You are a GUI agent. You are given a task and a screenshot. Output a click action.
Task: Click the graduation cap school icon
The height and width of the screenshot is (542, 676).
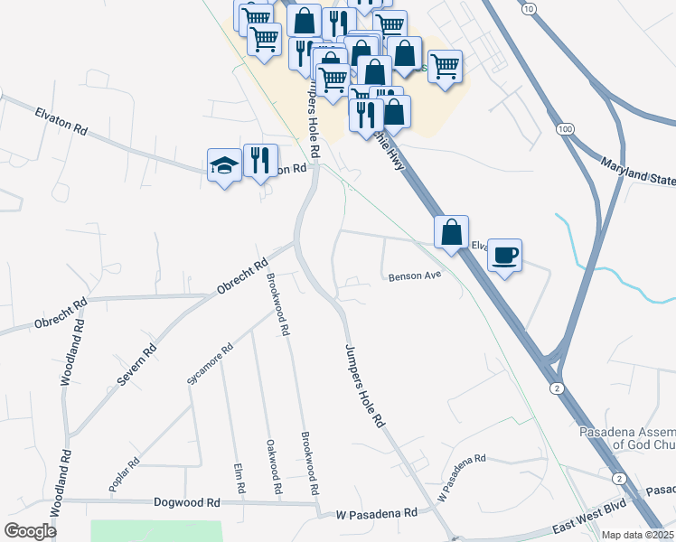click(x=224, y=165)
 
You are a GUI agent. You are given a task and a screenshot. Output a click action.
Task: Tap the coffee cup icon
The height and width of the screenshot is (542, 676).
click(x=504, y=254)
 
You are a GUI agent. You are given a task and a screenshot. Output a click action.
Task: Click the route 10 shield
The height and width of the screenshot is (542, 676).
click(x=527, y=8)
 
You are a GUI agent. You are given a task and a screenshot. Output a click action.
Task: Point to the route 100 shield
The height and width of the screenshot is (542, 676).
click(x=566, y=130)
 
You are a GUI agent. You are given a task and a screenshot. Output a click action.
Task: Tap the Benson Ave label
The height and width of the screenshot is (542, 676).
click(x=414, y=276)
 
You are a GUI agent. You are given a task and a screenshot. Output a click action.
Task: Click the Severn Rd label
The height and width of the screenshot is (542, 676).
click(x=136, y=365)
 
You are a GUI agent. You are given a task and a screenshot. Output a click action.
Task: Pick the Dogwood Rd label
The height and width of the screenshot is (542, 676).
click(x=187, y=502)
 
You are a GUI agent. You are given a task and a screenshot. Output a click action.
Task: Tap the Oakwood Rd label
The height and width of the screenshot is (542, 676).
click(x=271, y=466)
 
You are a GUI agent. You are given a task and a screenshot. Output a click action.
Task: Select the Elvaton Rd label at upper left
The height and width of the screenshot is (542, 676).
click(x=61, y=121)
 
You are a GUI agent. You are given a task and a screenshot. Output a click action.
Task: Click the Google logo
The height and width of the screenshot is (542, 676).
click(x=30, y=531)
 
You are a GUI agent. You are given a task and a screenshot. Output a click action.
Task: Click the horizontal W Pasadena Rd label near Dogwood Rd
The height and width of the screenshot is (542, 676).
click(x=377, y=513)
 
